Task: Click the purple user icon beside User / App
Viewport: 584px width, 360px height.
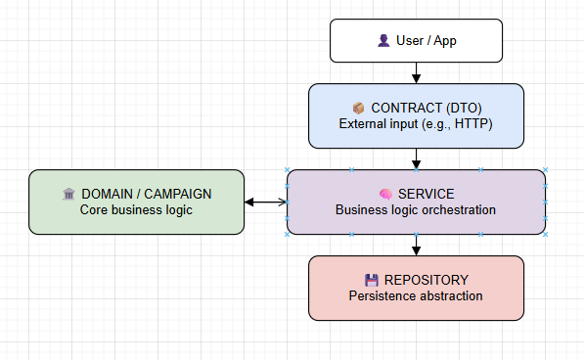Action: [383, 40]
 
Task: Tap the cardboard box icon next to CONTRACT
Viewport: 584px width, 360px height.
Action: [358, 108]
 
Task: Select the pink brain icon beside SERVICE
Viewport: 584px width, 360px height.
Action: [385, 194]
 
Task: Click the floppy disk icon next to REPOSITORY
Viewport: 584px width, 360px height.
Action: [372, 280]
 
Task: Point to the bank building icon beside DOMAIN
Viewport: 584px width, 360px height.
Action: [68, 194]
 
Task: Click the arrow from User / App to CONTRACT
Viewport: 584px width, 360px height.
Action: [416, 73]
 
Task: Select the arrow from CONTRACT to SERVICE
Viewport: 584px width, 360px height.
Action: [416, 158]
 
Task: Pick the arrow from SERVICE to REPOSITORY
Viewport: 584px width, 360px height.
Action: [416, 245]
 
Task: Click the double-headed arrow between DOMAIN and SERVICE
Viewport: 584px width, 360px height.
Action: [265, 202]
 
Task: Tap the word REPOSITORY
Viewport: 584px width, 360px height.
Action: [427, 280]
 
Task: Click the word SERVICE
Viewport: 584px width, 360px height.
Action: [427, 194]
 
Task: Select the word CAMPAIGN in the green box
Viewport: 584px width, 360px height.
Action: [178, 194]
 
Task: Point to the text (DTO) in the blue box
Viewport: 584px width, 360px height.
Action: [459, 108]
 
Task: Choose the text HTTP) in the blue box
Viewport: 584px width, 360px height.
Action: [473, 124]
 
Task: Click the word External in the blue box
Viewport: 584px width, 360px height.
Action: [360, 124]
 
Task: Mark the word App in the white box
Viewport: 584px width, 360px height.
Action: [445, 41]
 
